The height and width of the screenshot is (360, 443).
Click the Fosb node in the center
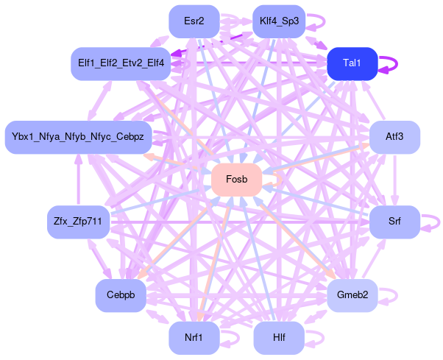click(236, 180)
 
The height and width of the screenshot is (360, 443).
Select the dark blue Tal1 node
click(352, 63)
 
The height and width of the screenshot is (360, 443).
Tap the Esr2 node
click(194, 21)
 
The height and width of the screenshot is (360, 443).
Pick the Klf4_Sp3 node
click(278, 21)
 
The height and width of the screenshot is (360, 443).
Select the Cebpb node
click(120, 295)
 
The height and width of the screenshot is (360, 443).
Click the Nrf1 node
click(194, 338)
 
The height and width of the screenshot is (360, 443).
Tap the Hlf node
click(279, 338)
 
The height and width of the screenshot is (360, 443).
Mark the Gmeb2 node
click(352, 295)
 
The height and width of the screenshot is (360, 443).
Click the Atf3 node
click(394, 137)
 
